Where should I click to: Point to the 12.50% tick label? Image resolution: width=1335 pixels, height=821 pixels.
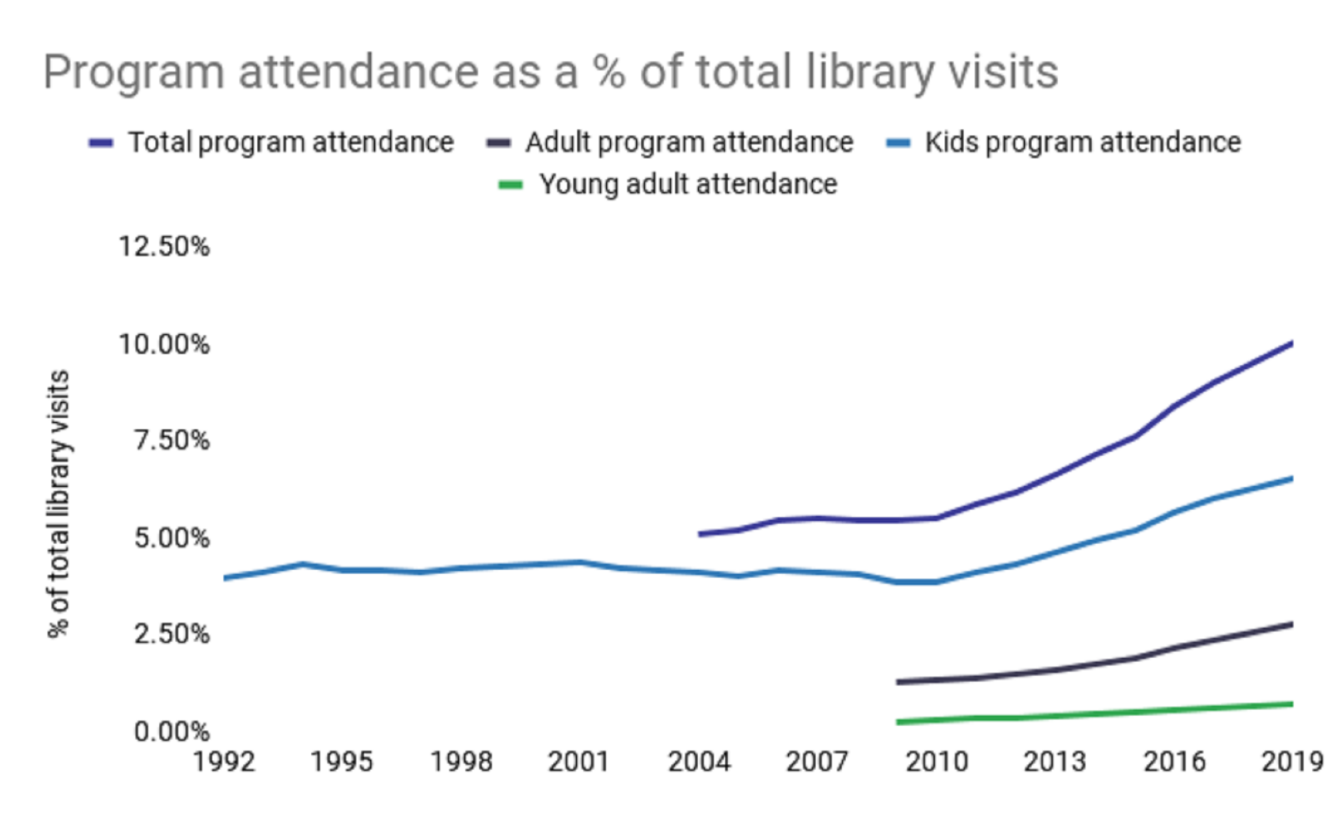click(164, 247)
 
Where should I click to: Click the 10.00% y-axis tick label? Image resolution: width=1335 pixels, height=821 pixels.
click(164, 344)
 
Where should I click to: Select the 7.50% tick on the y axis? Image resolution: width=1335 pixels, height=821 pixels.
click(171, 440)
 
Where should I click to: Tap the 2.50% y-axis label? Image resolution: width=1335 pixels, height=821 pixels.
click(171, 634)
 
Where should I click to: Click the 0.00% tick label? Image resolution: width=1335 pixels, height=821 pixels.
click(171, 731)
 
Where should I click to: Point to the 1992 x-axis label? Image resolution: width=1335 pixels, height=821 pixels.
click(224, 762)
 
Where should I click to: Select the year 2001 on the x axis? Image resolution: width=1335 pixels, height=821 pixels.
click(579, 762)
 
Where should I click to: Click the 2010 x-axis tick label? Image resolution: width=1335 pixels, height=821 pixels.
click(936, 762)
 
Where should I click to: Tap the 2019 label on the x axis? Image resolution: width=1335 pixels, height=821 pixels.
click(1292, 762)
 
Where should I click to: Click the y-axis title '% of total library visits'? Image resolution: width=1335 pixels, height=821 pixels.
click(59, 504)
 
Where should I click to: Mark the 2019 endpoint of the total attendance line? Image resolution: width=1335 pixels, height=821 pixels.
click(1291, 343)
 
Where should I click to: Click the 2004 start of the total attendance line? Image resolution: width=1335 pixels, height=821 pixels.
click(700, 534)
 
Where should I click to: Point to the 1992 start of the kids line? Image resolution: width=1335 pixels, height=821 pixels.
click(226, 578)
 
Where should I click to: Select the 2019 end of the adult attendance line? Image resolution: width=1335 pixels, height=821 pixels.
click(1291, 625)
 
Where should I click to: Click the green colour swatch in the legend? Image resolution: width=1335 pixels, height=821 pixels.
click(510, 185)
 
